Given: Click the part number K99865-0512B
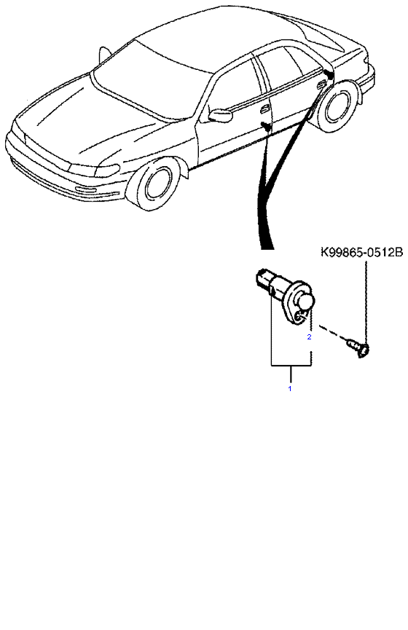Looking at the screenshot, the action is coord(361,253).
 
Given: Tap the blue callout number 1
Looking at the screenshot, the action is coord(289,388).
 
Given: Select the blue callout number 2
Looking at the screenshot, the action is coord(309,337).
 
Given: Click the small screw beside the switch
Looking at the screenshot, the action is coord(358,348).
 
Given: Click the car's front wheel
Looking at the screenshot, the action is coord(154,184).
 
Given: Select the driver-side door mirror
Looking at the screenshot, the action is coord(220,115).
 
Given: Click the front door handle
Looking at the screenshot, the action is coord(265,110).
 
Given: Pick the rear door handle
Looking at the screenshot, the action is coord(322,84).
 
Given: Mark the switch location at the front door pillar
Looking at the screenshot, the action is coord(266,126).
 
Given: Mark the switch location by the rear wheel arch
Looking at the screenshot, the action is coord(329,74).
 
